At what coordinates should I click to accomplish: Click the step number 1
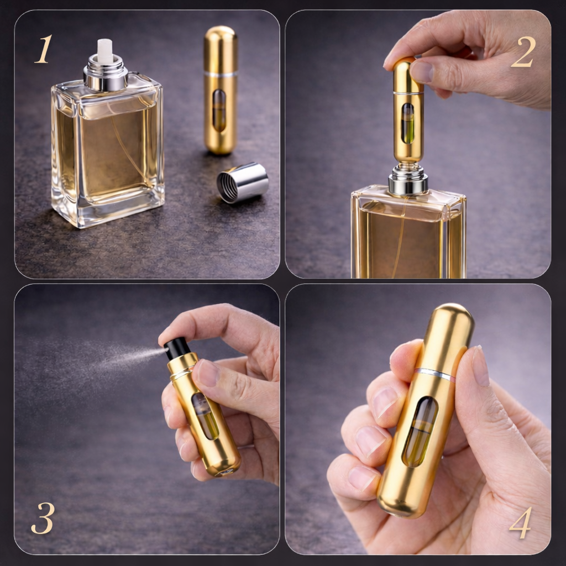pos(44,49)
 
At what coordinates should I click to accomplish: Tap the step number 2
pos(523,52)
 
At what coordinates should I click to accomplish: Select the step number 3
pos(43,518)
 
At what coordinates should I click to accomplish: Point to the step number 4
pos(520,522)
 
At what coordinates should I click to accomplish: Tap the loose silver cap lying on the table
pos(242,182)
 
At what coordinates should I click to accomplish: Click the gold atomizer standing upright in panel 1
pos(220,90)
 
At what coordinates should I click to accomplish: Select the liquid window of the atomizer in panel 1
pos(219,111)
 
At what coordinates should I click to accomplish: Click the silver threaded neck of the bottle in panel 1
pos(106,74)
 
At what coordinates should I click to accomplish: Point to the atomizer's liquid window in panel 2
pos(408,123)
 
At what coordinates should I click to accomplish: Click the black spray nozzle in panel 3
pos(177,348)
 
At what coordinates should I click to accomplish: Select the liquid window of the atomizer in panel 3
pos(206,416)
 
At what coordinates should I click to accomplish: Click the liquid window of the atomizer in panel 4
pos(420,431)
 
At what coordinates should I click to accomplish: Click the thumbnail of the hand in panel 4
pos(480,365)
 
